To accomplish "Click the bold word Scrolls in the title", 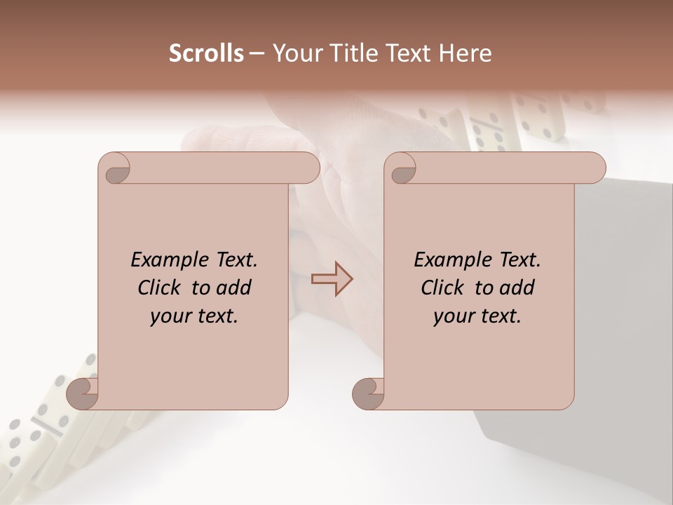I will [207, 53].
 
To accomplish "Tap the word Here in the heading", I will [465, 53].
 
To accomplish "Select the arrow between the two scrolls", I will [332, 279].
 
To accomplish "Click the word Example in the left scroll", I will [163, 260].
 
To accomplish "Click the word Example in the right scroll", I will [447, 260].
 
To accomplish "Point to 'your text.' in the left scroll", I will [193, 316].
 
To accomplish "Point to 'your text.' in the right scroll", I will [477, 316].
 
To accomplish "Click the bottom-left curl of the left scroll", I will [83, 393].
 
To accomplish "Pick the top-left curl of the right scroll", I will [400, 169].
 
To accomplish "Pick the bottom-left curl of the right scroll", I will [368, 393].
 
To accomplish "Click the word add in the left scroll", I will [233, 288].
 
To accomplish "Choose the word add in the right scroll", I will [516, 288].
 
